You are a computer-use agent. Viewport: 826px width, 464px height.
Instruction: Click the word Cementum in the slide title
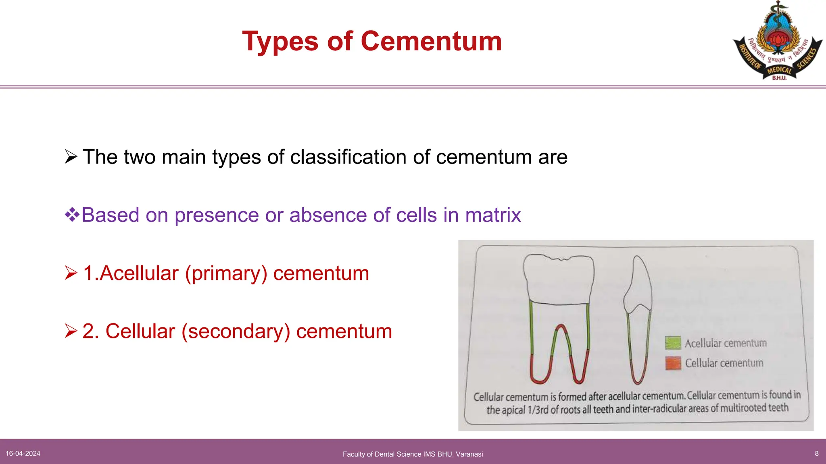tap(431, 41)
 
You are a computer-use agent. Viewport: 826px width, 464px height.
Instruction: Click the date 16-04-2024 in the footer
tap(23, 454)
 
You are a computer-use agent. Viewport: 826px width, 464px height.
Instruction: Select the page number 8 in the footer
tap(817, 454)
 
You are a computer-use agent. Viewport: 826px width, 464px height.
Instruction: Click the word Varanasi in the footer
tap(469, 454)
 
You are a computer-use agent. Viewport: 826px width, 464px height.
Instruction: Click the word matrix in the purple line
tap(493, 215)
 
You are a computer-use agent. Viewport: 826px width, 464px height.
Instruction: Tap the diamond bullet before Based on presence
tap(72, 214)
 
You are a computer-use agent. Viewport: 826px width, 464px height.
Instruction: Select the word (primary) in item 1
tap(226, 273)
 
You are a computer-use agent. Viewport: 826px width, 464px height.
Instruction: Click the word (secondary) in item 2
tap(236, 331)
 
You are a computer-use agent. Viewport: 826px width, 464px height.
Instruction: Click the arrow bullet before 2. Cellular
tap(71, 331)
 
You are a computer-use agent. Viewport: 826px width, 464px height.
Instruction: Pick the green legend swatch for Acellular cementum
tap(673, 343)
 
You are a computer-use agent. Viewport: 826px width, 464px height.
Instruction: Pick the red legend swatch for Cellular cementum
tap(673, 363)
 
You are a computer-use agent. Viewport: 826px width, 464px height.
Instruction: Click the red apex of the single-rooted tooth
tap(638, 379)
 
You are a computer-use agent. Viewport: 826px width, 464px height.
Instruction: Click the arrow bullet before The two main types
tap(71, 157)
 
